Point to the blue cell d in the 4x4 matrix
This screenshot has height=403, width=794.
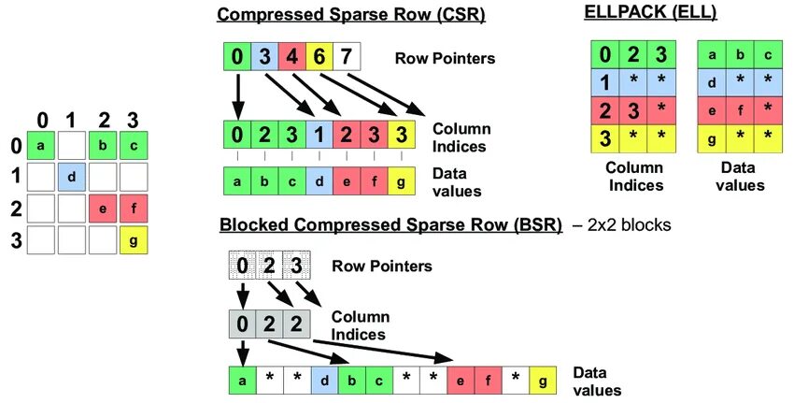coord(71,177)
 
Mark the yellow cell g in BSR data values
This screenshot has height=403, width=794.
coord(542,381)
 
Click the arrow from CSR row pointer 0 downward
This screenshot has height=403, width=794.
coord(238,94)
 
